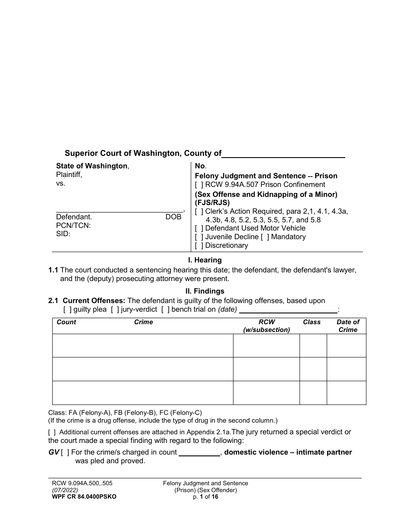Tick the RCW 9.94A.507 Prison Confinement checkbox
[x=199, y=185]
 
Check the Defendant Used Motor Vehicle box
[x=199, y=228]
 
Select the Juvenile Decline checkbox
[x=199, y=237]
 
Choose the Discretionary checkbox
[x=199, y=246]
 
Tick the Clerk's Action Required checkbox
[x=199, y=212]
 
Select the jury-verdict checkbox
[x=114, y=310]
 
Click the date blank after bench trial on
[x=288, y=310]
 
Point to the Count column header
[x=66, y=322]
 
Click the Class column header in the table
[x=312, y=322]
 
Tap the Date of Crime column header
[x=348, y=326]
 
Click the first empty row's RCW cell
[x=266, y=345]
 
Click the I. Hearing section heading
[x=205, y=260]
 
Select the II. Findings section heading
[x=205, y=291]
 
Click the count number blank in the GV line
[x=199, y=452]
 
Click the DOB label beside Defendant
[x=173, y=217]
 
